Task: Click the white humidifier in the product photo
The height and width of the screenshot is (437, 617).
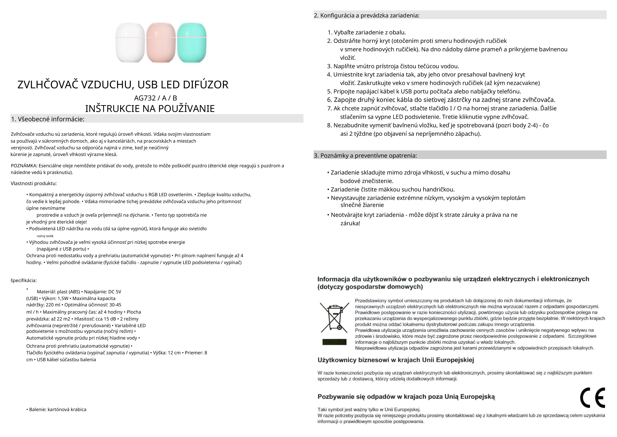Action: (x=130, y=43)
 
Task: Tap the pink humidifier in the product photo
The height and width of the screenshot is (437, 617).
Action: (x=161, y=43)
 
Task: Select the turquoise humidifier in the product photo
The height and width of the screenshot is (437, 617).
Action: (x=192, y=43)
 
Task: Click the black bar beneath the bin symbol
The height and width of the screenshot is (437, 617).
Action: (x=334, y=342)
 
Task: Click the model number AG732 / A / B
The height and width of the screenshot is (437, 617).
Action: (x=155, y=98)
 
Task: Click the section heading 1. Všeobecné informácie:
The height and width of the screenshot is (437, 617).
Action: (x=48, y=119)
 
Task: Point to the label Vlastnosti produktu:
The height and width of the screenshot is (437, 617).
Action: (x=34, y=184)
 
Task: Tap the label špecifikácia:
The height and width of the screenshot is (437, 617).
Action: (x=24, y=280)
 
